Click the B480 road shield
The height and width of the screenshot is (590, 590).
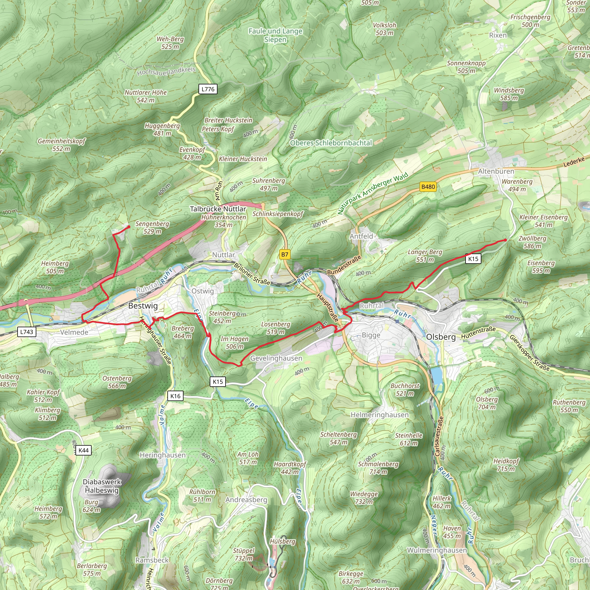[x=428, y=187]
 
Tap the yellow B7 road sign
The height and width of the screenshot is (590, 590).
[x=285, y=254]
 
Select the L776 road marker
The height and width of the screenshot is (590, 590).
[x=208, y=89]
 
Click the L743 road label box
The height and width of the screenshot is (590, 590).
[x=27, y=332]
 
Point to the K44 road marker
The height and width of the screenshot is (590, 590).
[x=83, y=450]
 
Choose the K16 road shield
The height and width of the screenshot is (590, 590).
[x=175, y=396]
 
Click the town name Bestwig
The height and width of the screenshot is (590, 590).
[x=143, y=306]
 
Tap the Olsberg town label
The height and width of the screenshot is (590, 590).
[x=441, y=337]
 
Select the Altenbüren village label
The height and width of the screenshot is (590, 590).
[x=496, y=171]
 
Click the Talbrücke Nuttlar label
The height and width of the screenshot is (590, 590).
[x=218, y=209]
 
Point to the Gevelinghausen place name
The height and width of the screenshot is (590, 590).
[x=276, y=358]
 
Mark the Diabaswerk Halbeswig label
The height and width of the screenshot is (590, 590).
[x=102, y=486]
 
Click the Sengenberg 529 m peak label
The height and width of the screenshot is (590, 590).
[x=152, y=228]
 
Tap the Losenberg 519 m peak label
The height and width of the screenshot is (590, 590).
[x=275, y=328]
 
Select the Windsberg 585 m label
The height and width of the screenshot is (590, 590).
[x=509, y=94]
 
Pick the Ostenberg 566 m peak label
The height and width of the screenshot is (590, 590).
[x=117, y=382]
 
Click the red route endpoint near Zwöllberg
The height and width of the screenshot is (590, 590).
[x=505, y=240]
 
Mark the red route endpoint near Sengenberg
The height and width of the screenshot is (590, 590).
[x=128, y=227]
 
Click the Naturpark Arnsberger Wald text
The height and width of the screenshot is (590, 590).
[x=373, y=193]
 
